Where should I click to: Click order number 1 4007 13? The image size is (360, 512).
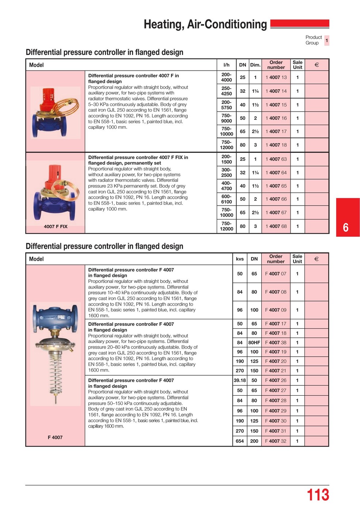pos(276,78)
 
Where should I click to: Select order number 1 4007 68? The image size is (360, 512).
pos(276,226)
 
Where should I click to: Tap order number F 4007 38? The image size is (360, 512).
pos(276,343)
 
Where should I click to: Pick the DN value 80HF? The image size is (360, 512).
pos(254,343)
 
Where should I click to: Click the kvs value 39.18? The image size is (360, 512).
pos(240,380)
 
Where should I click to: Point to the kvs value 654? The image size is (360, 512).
pos(240,441)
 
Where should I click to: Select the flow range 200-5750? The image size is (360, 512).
pos(226,105)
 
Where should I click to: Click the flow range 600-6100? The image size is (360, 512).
pos(226,199)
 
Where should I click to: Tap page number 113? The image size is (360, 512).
pos(318,495)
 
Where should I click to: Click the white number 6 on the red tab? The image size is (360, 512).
pos(346,228)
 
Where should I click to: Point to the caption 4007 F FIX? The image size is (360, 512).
pos(56,227)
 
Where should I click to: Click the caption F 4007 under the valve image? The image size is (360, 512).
pos(55,437)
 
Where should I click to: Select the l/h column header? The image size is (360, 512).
pos(226,65)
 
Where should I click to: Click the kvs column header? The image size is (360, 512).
pos(240,259)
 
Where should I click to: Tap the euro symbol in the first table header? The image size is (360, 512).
pos(317,65)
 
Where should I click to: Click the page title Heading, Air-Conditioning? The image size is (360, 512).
pos(205,25)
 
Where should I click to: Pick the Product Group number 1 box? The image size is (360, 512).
pos(327,40)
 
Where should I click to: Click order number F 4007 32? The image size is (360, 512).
pos(276,441)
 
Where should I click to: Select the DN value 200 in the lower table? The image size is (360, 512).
pos(254,441)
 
